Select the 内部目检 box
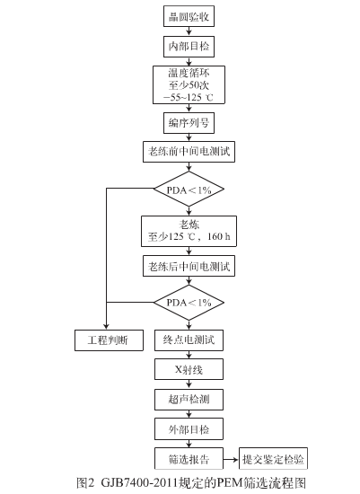189,45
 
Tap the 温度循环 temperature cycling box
189,85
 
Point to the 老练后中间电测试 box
189,267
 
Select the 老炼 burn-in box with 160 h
189,230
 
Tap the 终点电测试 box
189,340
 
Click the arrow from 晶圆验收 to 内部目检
189,31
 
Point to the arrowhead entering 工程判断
106,328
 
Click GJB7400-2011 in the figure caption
136,481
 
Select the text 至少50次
189,85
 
